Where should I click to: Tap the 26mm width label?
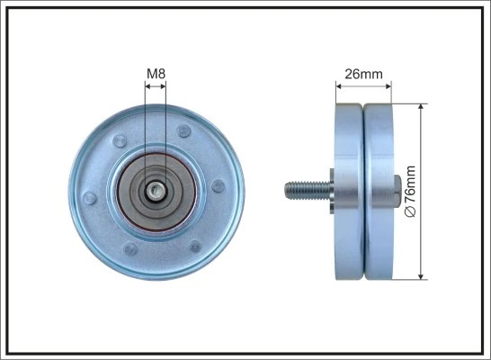pos(362,75)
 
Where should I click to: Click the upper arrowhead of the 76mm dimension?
pos(421,107)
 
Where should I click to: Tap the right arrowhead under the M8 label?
pos(164,87)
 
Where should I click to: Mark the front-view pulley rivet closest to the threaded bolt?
pos(218,186)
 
